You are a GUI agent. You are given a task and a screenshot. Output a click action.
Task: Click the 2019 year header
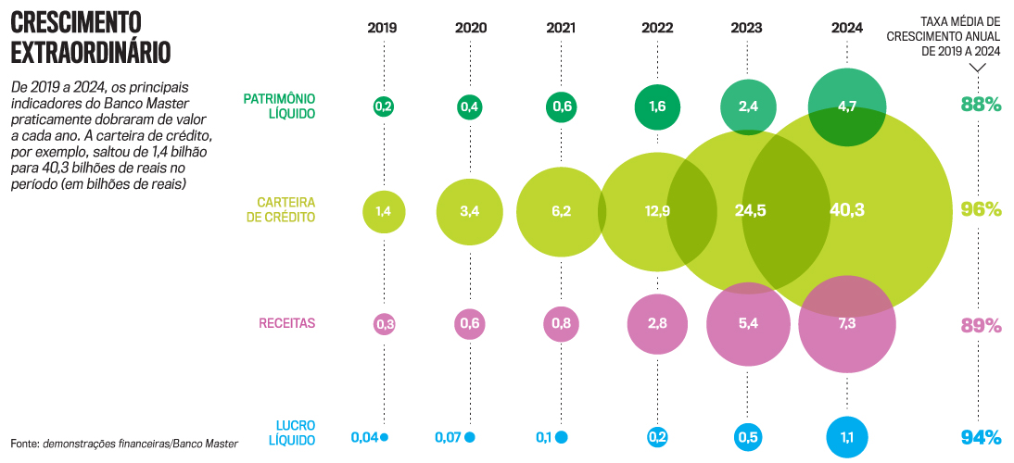[x=382, y=27]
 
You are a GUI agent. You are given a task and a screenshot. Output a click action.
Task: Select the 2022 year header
[x=657, y=27]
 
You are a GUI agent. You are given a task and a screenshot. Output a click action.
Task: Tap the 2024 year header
[x=847, y=27]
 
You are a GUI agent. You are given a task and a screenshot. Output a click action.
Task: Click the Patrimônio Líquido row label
[x=279, y=106]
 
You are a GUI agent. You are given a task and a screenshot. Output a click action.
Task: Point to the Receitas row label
[x=287, y=323]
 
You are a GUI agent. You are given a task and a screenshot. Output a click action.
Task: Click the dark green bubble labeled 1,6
[x=657, y=106]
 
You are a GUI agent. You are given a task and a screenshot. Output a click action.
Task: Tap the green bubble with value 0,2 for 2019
[x=383, y=106]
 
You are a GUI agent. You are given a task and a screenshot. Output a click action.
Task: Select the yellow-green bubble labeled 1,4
[x=383, y=211]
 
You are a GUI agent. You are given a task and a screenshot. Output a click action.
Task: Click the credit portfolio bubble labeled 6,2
[x=561, y=211]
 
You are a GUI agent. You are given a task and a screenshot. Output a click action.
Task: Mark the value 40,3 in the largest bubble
[x=847, y=210]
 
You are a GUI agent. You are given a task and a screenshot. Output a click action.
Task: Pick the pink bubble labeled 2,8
[x=657, y=323]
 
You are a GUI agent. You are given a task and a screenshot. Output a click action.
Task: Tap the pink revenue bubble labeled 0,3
[x=384, y=324]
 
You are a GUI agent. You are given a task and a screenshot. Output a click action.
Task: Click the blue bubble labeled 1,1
[x=847, y=436]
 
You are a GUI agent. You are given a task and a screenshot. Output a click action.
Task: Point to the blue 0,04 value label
[x=364, y=437]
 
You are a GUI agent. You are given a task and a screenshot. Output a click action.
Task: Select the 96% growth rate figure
[x=981, y=209]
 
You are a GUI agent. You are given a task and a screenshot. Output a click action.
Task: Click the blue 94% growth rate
[x=981, y=437]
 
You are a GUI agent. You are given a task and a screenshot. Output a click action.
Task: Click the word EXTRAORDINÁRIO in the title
[x=91, y=51]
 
